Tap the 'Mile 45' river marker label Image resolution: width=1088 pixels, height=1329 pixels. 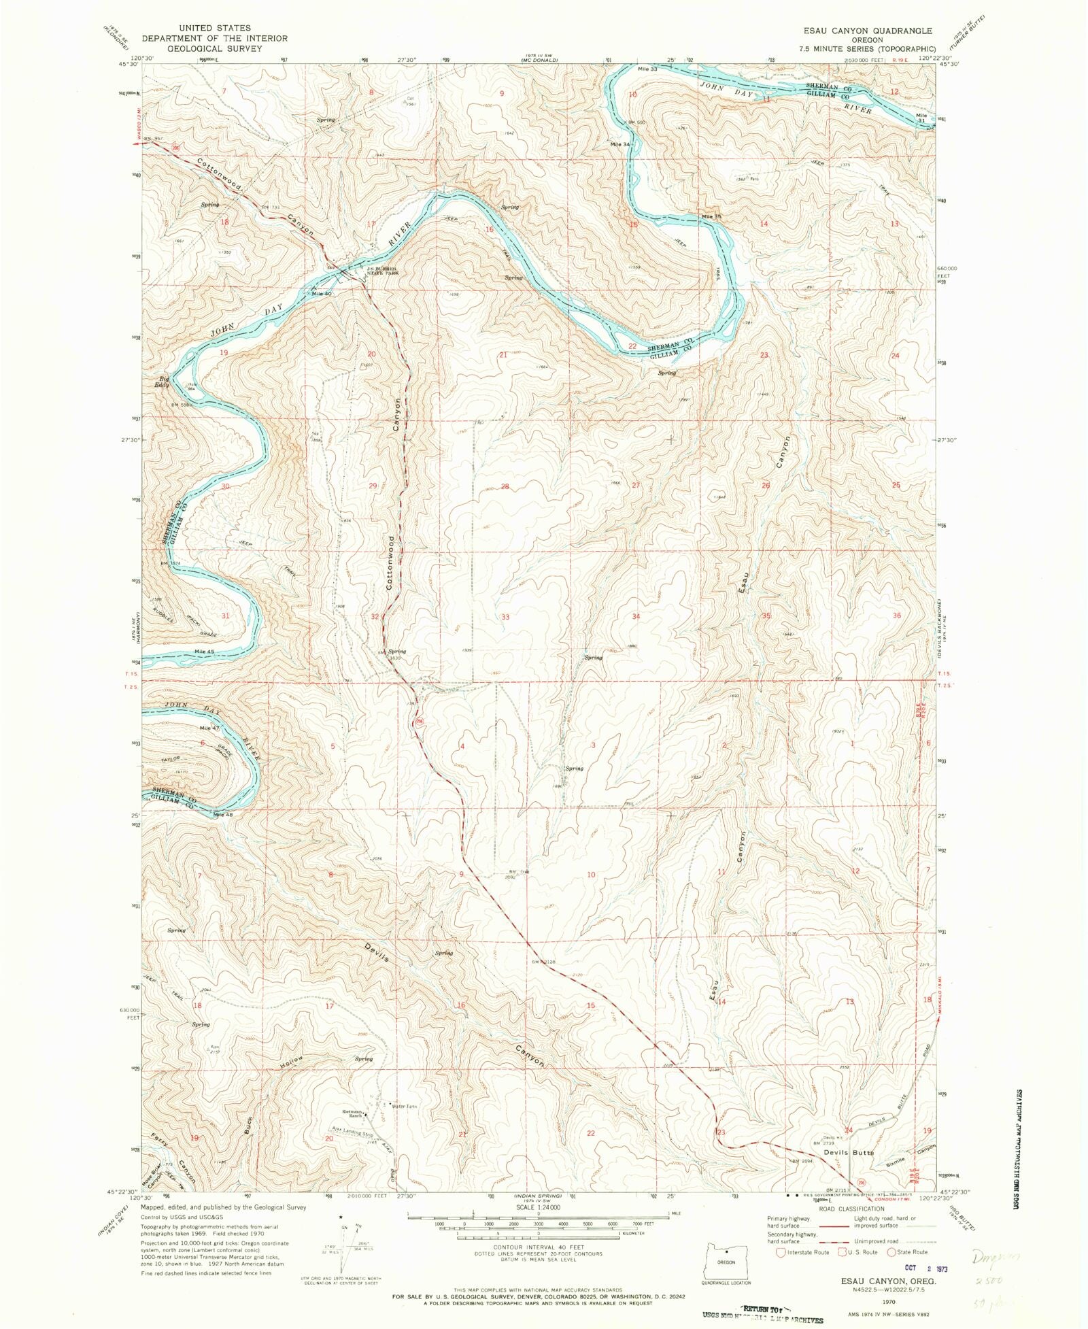click(204, 652)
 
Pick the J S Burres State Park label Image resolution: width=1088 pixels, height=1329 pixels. click(381, 271)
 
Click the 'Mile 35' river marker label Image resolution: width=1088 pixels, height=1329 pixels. click(711, 216)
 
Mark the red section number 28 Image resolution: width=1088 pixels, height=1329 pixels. click(505, 486)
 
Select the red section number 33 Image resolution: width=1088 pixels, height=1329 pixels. click(505, 617)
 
